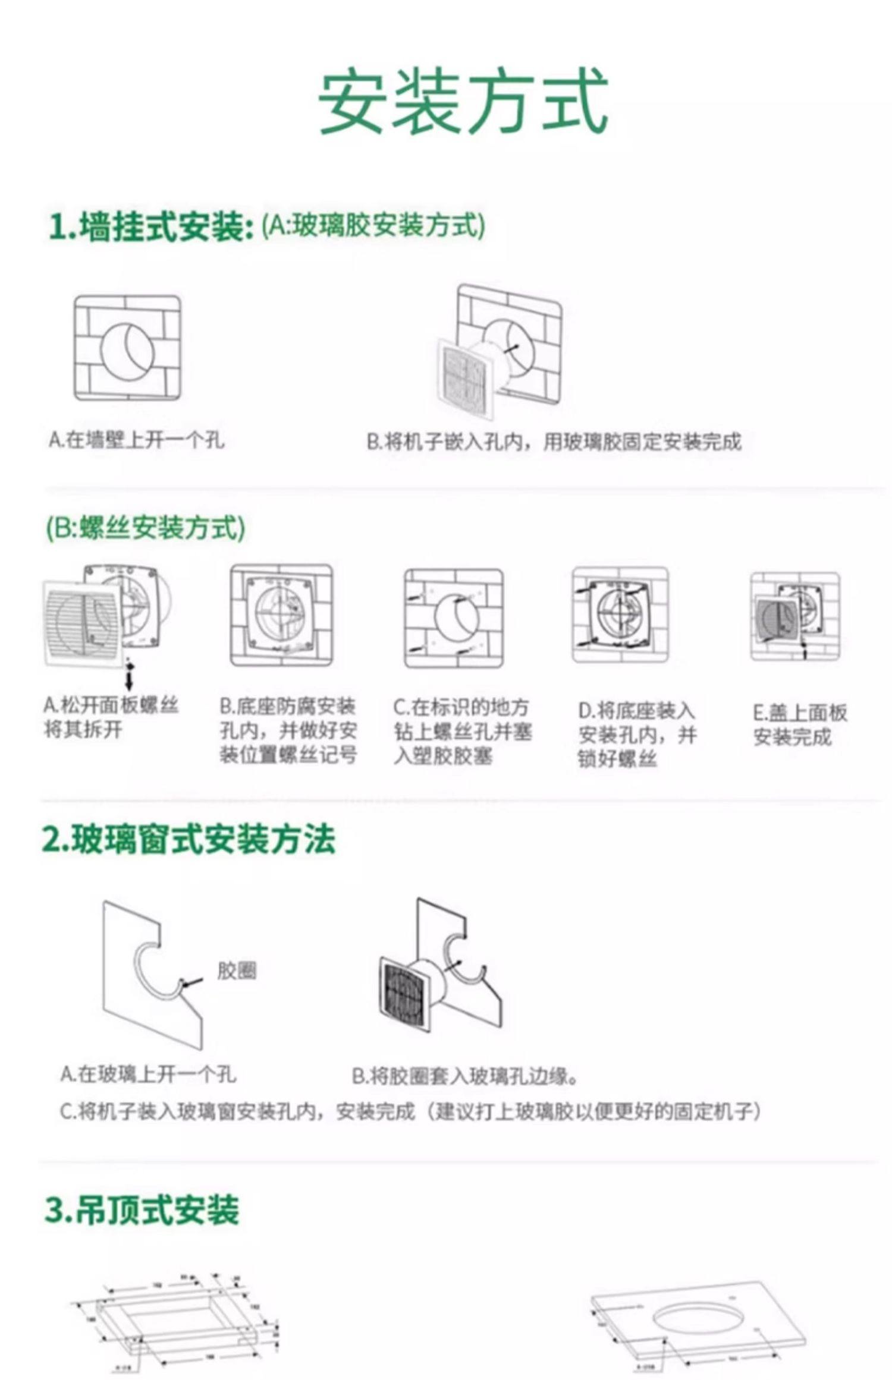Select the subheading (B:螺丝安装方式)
(146, 528)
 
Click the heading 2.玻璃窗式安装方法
(189, 840)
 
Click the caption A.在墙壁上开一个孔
(137, 440)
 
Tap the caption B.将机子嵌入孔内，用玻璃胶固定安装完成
(554, 442)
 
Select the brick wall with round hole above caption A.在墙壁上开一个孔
(127, 348)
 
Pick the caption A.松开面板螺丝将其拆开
(111, 717)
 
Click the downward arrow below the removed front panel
(129, 674)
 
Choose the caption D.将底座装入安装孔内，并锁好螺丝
(637, 735)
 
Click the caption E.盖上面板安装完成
(799, 725)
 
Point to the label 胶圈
(237, 971)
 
